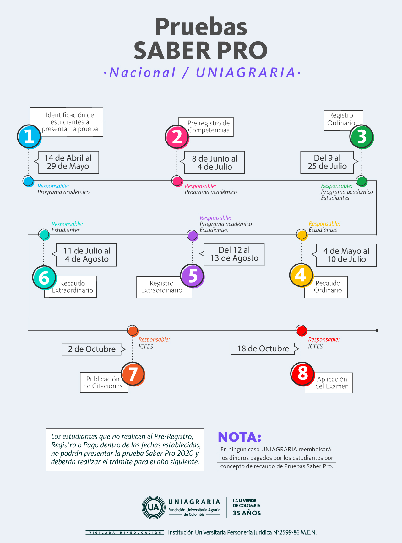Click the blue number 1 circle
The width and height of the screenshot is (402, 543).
click(29, 136)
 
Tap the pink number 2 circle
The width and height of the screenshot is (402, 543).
click(177, 137)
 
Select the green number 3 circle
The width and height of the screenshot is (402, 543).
click(361, 137)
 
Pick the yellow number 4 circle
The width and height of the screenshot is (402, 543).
click(301, 275)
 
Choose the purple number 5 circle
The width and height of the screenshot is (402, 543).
click(193, 276)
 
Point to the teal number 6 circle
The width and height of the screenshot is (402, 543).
click(44, 278)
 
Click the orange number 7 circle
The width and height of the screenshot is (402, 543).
click(133, 374)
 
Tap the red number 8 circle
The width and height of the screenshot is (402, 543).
click(302, 374)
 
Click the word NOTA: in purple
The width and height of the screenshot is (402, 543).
click(240, 437)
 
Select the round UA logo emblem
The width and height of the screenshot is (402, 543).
click(154, 507)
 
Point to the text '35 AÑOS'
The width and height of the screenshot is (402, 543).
click(247, 513)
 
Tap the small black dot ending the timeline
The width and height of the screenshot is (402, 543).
click(377, 330)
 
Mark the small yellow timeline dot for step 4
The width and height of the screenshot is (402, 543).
click(302, 235)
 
